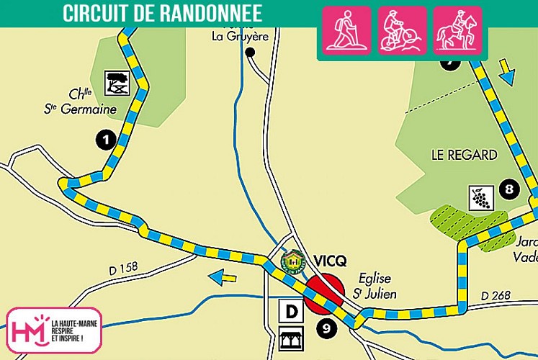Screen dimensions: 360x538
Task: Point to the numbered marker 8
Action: coord(509,190)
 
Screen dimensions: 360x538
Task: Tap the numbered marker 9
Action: coord(326,329)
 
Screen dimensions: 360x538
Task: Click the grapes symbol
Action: coord(480,197)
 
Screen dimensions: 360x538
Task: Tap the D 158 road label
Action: coord(123,269)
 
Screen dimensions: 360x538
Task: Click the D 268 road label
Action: coord(495,296)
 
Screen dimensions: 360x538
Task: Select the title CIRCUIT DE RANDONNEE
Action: coord(161,13)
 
